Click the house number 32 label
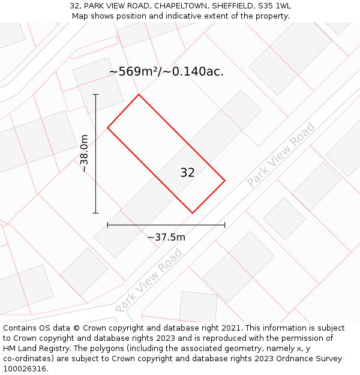(187, 173)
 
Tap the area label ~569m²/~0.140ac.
(166, 71)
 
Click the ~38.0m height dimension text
(85, 154)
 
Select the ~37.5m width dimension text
(166, 237)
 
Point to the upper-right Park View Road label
(281, 154)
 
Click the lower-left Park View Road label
(149, 280)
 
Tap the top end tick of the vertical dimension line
(95, 94)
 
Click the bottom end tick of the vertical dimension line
(95, 213)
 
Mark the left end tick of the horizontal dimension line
(107, 225)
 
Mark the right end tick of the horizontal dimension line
(225, 225)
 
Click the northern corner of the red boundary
(139, 94)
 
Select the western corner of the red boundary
(107, 128)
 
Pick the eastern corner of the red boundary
(225, 180)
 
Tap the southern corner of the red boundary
(193, 213)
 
